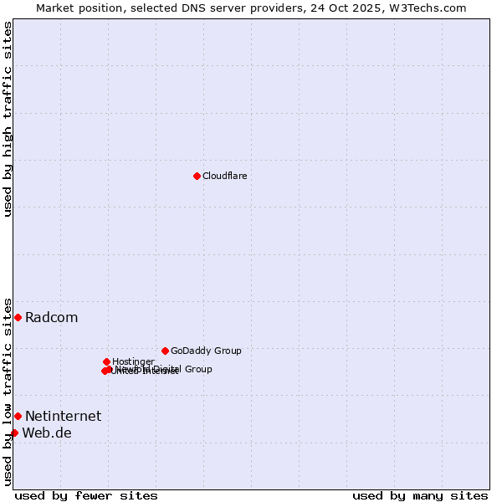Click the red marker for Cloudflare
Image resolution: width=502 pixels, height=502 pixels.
tap(197, 176)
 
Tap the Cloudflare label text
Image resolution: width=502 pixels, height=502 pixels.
tap(224, 176)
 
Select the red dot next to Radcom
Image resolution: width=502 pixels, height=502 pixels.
tap(18, 317)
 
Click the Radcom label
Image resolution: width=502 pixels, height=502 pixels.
tap(51, 317)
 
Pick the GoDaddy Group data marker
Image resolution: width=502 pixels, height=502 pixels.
tap(165, 351)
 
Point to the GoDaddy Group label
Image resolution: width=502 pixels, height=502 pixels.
tap(206, 351)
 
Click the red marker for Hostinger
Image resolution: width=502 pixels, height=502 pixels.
tap(106, 361)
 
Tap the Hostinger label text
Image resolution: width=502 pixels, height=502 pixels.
tap(133, 361)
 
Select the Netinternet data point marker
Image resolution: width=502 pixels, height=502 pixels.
tap(18, 416)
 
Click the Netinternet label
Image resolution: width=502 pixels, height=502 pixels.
tap(63, 416)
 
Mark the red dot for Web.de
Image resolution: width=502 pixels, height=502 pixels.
tap(14, 433)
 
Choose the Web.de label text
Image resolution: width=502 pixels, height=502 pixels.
tap(47, 433)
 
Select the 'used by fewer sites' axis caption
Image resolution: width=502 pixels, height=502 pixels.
tap(86, 495)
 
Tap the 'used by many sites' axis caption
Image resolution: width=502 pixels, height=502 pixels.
tap(420, 495)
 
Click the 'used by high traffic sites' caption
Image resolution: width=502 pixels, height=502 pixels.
tap(8, 119)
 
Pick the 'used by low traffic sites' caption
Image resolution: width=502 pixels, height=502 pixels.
tap(8, 391)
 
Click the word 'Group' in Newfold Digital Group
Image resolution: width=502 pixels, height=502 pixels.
tap(197, 369)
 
